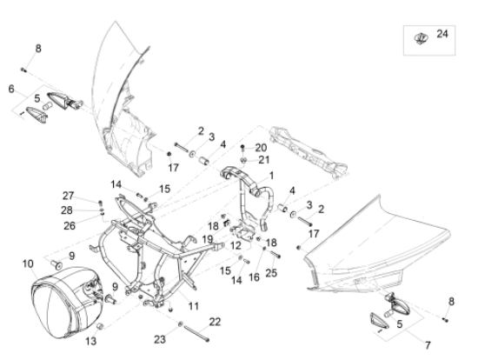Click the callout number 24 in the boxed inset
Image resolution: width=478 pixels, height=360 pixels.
tap(442, 34)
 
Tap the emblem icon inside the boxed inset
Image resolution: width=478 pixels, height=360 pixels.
tap(421, 38)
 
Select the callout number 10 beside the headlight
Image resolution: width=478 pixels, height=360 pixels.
tap(28, 263)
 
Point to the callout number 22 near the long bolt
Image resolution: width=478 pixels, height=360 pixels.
tap(215, 322)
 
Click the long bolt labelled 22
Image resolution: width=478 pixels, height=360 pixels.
tap(196, 334)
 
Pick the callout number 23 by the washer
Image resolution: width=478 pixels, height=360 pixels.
tap(160, 339)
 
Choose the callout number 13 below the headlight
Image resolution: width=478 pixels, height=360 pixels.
tap(91, 341)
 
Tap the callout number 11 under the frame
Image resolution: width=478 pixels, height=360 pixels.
tap(194, 306)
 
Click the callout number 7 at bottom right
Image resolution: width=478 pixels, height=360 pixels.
tap(428, 346)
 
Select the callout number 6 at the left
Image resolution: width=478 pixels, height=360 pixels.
tap(11, 89)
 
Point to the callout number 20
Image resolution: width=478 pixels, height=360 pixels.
tap(261, 148)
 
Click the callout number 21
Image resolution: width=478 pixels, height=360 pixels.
tap(264, 160)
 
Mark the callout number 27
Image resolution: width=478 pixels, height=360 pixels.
tap(69, 196)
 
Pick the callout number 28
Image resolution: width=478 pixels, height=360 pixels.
tap(67, 210)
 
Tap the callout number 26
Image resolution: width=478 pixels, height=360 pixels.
tap(70, 226)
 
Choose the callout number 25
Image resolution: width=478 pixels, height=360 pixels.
tap(271, 273)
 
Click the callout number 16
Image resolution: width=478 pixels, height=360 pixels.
tap(254, 277)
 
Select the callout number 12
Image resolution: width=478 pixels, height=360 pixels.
tap(236, 245)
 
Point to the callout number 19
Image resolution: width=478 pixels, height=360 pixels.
tap(208, 239)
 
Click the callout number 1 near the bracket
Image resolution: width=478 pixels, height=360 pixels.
tap(271, 176)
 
